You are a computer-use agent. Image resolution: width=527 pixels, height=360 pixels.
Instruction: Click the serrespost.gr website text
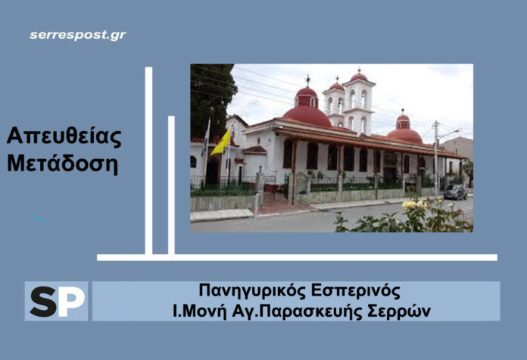coord(78,35)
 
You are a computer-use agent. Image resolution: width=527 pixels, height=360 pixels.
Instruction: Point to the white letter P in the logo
coord(71,301)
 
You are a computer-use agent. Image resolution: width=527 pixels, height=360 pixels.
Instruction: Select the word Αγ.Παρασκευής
coord(309,311)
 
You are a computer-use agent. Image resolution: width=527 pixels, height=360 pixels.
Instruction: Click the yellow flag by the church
coord(220,143)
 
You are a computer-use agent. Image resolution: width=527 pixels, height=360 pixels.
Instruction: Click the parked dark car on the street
coord(455,192)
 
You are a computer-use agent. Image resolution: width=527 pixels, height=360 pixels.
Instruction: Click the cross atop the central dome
coord(307,80)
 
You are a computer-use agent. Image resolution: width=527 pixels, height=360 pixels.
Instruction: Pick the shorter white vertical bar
coord(171,185)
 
